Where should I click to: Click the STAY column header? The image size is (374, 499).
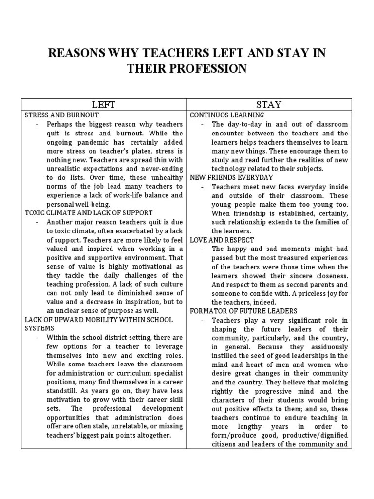[269, 105]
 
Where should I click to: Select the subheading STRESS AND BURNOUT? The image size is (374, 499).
[61, 115]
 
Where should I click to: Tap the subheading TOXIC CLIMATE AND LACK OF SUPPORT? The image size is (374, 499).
[89, 213]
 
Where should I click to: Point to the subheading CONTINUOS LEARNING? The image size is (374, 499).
[227, 115]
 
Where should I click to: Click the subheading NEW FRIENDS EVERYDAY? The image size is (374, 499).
[231, 177]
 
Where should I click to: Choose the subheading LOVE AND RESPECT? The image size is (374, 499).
[222, 240]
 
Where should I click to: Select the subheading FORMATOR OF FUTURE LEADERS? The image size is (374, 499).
[243, 311]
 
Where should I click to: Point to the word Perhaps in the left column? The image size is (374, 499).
[59, 124]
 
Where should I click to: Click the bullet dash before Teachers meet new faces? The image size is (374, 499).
[203, 187]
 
